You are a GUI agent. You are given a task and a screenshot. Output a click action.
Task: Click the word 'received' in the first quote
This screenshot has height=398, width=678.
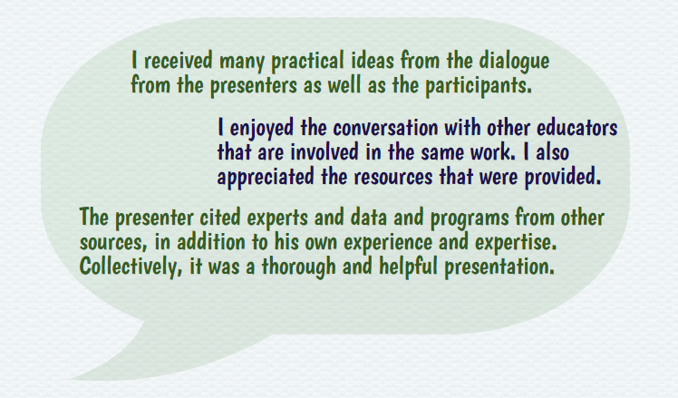tap(179, 60)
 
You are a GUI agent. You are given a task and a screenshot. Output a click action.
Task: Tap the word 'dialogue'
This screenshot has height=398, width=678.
tap(514, 61)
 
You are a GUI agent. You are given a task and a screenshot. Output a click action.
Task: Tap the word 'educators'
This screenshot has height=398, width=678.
tap(576, 128)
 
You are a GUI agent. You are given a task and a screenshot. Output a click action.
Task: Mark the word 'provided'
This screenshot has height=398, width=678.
tap(562, 177)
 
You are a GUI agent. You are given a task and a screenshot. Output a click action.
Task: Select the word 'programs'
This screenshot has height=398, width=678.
tap(470, 218)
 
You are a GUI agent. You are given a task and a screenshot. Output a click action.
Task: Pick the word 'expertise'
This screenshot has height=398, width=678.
tap(515, 243)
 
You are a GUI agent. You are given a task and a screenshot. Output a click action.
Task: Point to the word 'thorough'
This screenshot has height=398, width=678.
tap(299, 267)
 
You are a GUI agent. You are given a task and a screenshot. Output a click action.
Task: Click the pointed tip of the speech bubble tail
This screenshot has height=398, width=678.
tap(69, 379)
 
